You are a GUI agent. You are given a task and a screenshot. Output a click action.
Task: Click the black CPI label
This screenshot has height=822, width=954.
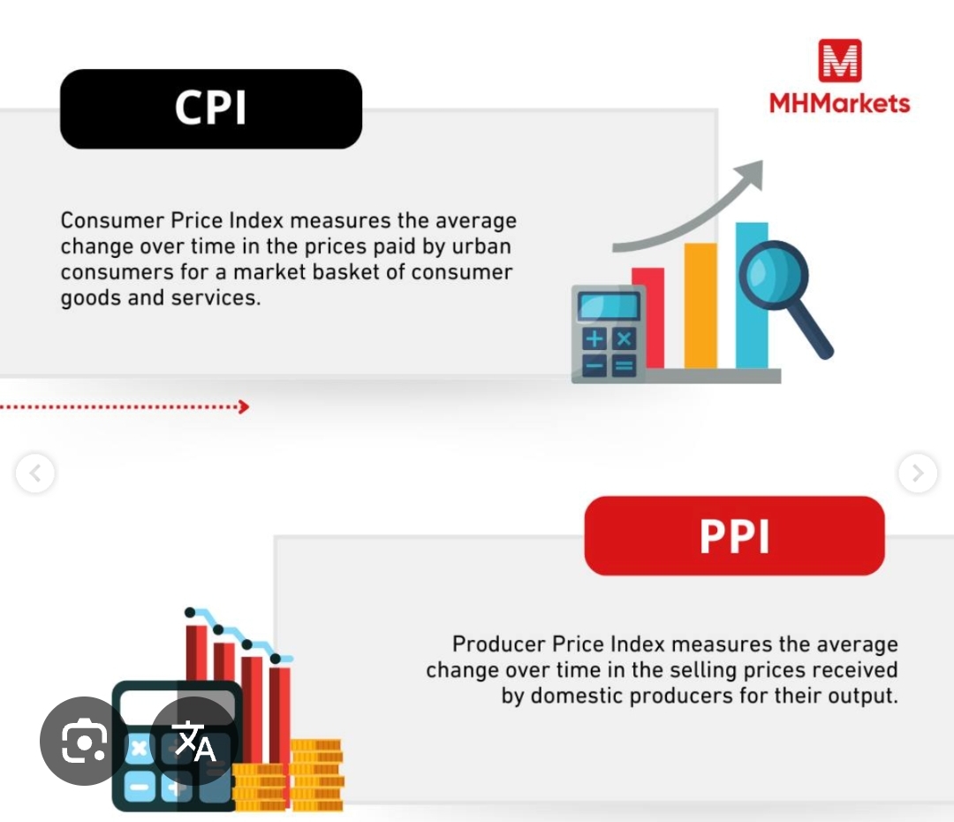[211, 109]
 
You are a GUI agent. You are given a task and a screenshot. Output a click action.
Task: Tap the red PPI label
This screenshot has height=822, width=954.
[734, 536]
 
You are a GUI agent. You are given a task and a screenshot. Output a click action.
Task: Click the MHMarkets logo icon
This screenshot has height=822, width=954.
[839, 61]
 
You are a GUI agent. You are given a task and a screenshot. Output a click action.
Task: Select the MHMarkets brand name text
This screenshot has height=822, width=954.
[839, 103]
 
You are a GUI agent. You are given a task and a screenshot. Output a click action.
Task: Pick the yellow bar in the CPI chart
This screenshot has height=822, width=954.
[700, 305]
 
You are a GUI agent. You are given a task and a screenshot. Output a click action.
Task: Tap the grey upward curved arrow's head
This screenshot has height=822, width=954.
[752, 172]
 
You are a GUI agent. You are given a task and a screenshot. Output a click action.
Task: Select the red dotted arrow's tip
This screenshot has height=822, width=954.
[244, 407]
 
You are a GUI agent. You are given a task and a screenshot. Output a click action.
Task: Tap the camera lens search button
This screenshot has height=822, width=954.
[84, 741]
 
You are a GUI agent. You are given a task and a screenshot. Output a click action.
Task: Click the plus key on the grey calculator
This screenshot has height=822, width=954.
[594, 339]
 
